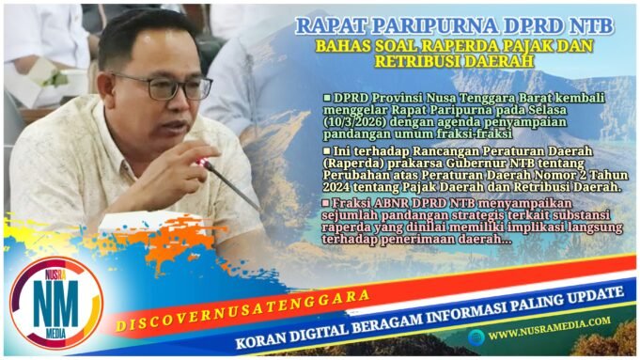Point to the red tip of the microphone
[x=202, y=163]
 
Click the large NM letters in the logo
[x=55, y=302]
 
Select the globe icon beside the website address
[x=477, y=334]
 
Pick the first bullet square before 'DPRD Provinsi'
[x=326, y=97]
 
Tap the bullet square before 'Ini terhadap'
[x=326, y=149]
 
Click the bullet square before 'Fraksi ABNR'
[x=326, y=201]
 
